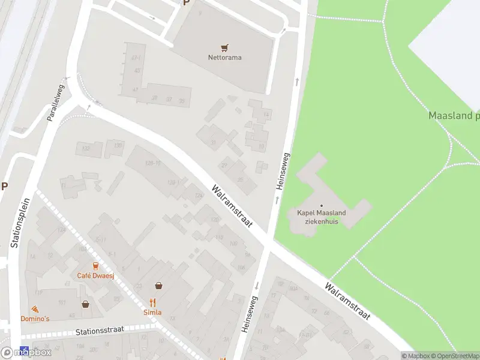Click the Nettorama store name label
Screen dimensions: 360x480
pyautogui.click(x=224, y=58)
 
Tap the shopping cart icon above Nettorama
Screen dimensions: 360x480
pyautogui.click(x=224, y=47)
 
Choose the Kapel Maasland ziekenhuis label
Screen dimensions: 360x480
pyautogui.click(x=321, y=217)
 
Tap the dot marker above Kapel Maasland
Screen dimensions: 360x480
pyautogui.click(x=321, y=206)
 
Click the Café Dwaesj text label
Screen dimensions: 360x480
pyautogui.click(x=95, y=275)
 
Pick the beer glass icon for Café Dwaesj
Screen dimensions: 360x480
pyautogui.click(x=95, y=265)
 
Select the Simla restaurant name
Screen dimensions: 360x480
pyautogui.click(x=152, y=313)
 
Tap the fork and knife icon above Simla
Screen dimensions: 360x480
pyautogui.click(x=152, y=302)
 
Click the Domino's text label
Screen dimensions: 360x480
pyautogui.click(x=35, y=319)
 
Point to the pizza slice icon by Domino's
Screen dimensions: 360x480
pyautogui.click(x=35, y=308)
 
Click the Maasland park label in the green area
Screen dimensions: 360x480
pyautogui.click(x=454, y=115)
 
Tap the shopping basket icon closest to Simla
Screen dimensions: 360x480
pyautogui.click(x=158, y=286)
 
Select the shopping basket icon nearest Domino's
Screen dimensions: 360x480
pyautogui.click(x=86, y=304)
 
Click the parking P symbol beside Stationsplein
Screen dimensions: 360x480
pyautogui.click(x=4, y=186)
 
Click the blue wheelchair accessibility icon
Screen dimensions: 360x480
pyautogui.click(x=25, y=350)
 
